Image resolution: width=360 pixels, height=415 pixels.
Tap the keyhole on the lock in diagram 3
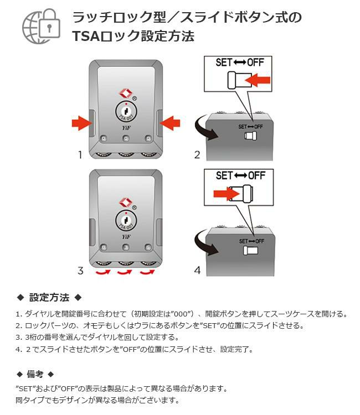(126, 221)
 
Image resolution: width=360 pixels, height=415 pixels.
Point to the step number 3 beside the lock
(80, 271)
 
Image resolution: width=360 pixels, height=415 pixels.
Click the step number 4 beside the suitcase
(196, 271)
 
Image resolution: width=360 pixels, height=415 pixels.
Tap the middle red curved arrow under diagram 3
(126, 273)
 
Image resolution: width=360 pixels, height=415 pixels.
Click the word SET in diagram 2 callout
(224, 62)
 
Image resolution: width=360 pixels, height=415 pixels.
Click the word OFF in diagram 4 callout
(256, 175)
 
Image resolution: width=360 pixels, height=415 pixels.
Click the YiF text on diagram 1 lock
(126, 127)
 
